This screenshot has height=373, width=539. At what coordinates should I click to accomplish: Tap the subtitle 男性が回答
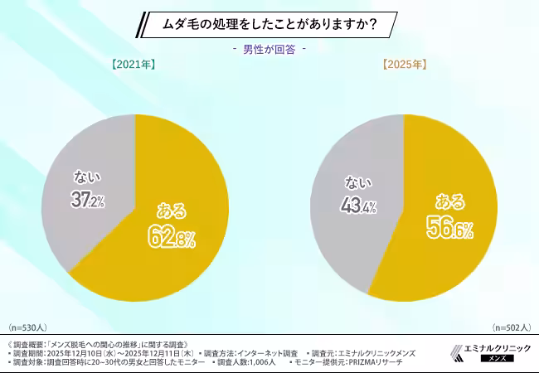[x=269, y=49]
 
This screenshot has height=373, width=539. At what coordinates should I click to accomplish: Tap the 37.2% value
[x=87, y=200]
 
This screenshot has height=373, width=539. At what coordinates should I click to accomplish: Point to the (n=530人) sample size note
[x=29, y=328]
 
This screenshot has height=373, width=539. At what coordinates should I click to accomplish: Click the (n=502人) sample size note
[x=511, y=328]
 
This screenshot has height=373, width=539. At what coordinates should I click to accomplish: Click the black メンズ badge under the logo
[x=494, y=359]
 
